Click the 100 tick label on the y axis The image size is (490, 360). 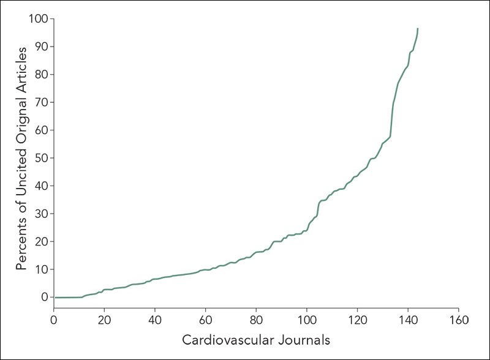pyautogui.click(x=38, y=19)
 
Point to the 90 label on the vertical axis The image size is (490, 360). pyautogui.click(x=40, y=47)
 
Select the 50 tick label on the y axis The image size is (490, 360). pyautogui.click(x=40, y=158)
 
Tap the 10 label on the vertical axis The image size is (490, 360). pyautogui.click(x=40, y=269)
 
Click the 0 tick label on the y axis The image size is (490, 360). pyautogui.click(x=44, y=297)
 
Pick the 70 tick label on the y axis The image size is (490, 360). pyautogui.click(x=40, y=102)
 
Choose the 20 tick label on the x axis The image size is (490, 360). pyautogui.click(x=104, y=320)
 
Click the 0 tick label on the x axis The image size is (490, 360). pyautogui.click(x=54, y=320)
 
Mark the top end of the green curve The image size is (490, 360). pyautogui.click(x=418, y=28)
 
